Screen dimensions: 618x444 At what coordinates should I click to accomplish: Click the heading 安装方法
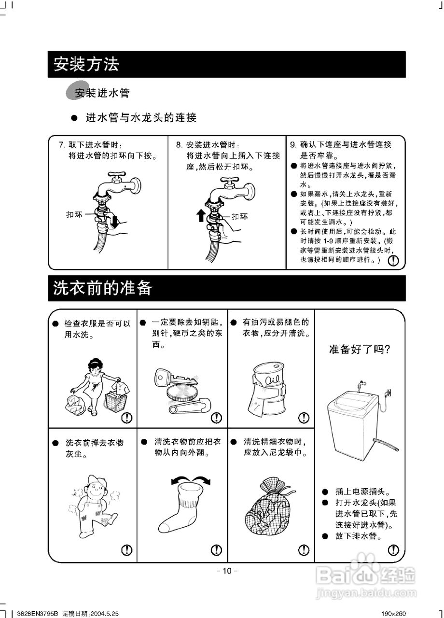coord(86,64)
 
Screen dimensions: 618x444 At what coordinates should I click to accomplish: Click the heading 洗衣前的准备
coord(103,288)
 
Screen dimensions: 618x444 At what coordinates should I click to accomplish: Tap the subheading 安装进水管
coord(102,93)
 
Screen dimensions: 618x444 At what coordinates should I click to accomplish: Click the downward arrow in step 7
coord(114,222)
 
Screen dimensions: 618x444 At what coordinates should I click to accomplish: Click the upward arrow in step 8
coord(201,215)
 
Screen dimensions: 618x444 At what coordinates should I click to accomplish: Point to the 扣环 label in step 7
coord(74,214)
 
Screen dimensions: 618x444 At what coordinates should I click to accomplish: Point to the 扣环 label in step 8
coord(240,217)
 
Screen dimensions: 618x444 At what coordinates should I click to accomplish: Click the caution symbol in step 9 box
coord(394,261)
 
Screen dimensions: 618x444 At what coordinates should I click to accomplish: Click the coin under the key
coord(182,392)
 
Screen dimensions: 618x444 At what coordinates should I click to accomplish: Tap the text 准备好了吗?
coord(359,349)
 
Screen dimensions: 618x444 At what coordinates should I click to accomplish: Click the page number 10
coord(227,571)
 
